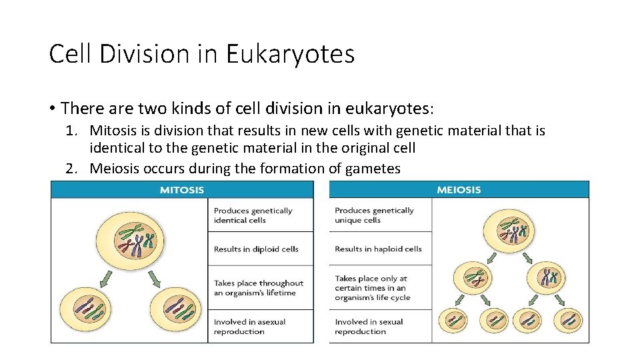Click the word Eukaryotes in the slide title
pos(290,54)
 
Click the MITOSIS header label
pos(182,190)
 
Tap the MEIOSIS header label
pos(459,190)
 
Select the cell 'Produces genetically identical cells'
pos(253,215)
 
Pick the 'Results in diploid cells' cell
pos(256,249)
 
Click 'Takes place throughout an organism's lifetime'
pos(259,288)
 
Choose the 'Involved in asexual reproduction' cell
pos(250,327)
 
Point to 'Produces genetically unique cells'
pos(375,215)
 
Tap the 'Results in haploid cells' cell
pos(379,249)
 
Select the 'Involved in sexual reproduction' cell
pos(369,327)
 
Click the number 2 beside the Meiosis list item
pos(71,169)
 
